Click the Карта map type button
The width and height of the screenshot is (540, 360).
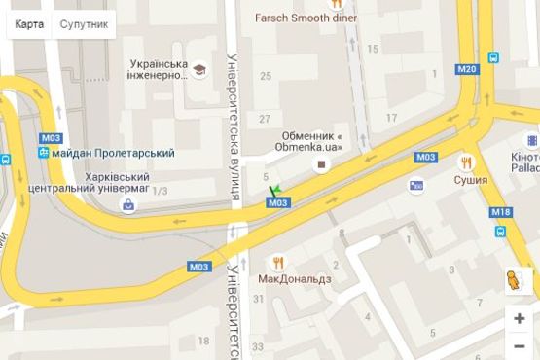click(28, 23)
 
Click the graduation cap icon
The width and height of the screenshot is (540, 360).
click(199, 70)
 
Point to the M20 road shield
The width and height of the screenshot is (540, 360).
click(467, 69)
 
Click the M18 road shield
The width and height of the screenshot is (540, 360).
click(500, 212)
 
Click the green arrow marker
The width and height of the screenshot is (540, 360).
click(274, 190)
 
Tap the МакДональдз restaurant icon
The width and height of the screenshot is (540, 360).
click(277, 261)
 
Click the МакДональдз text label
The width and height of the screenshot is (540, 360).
click(294, 278)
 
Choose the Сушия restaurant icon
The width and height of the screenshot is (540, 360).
click(467, 162)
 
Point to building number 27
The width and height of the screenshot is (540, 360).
click(265, 119)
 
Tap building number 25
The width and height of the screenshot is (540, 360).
click(265, 75)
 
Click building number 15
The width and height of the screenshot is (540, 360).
click(373, 48)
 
